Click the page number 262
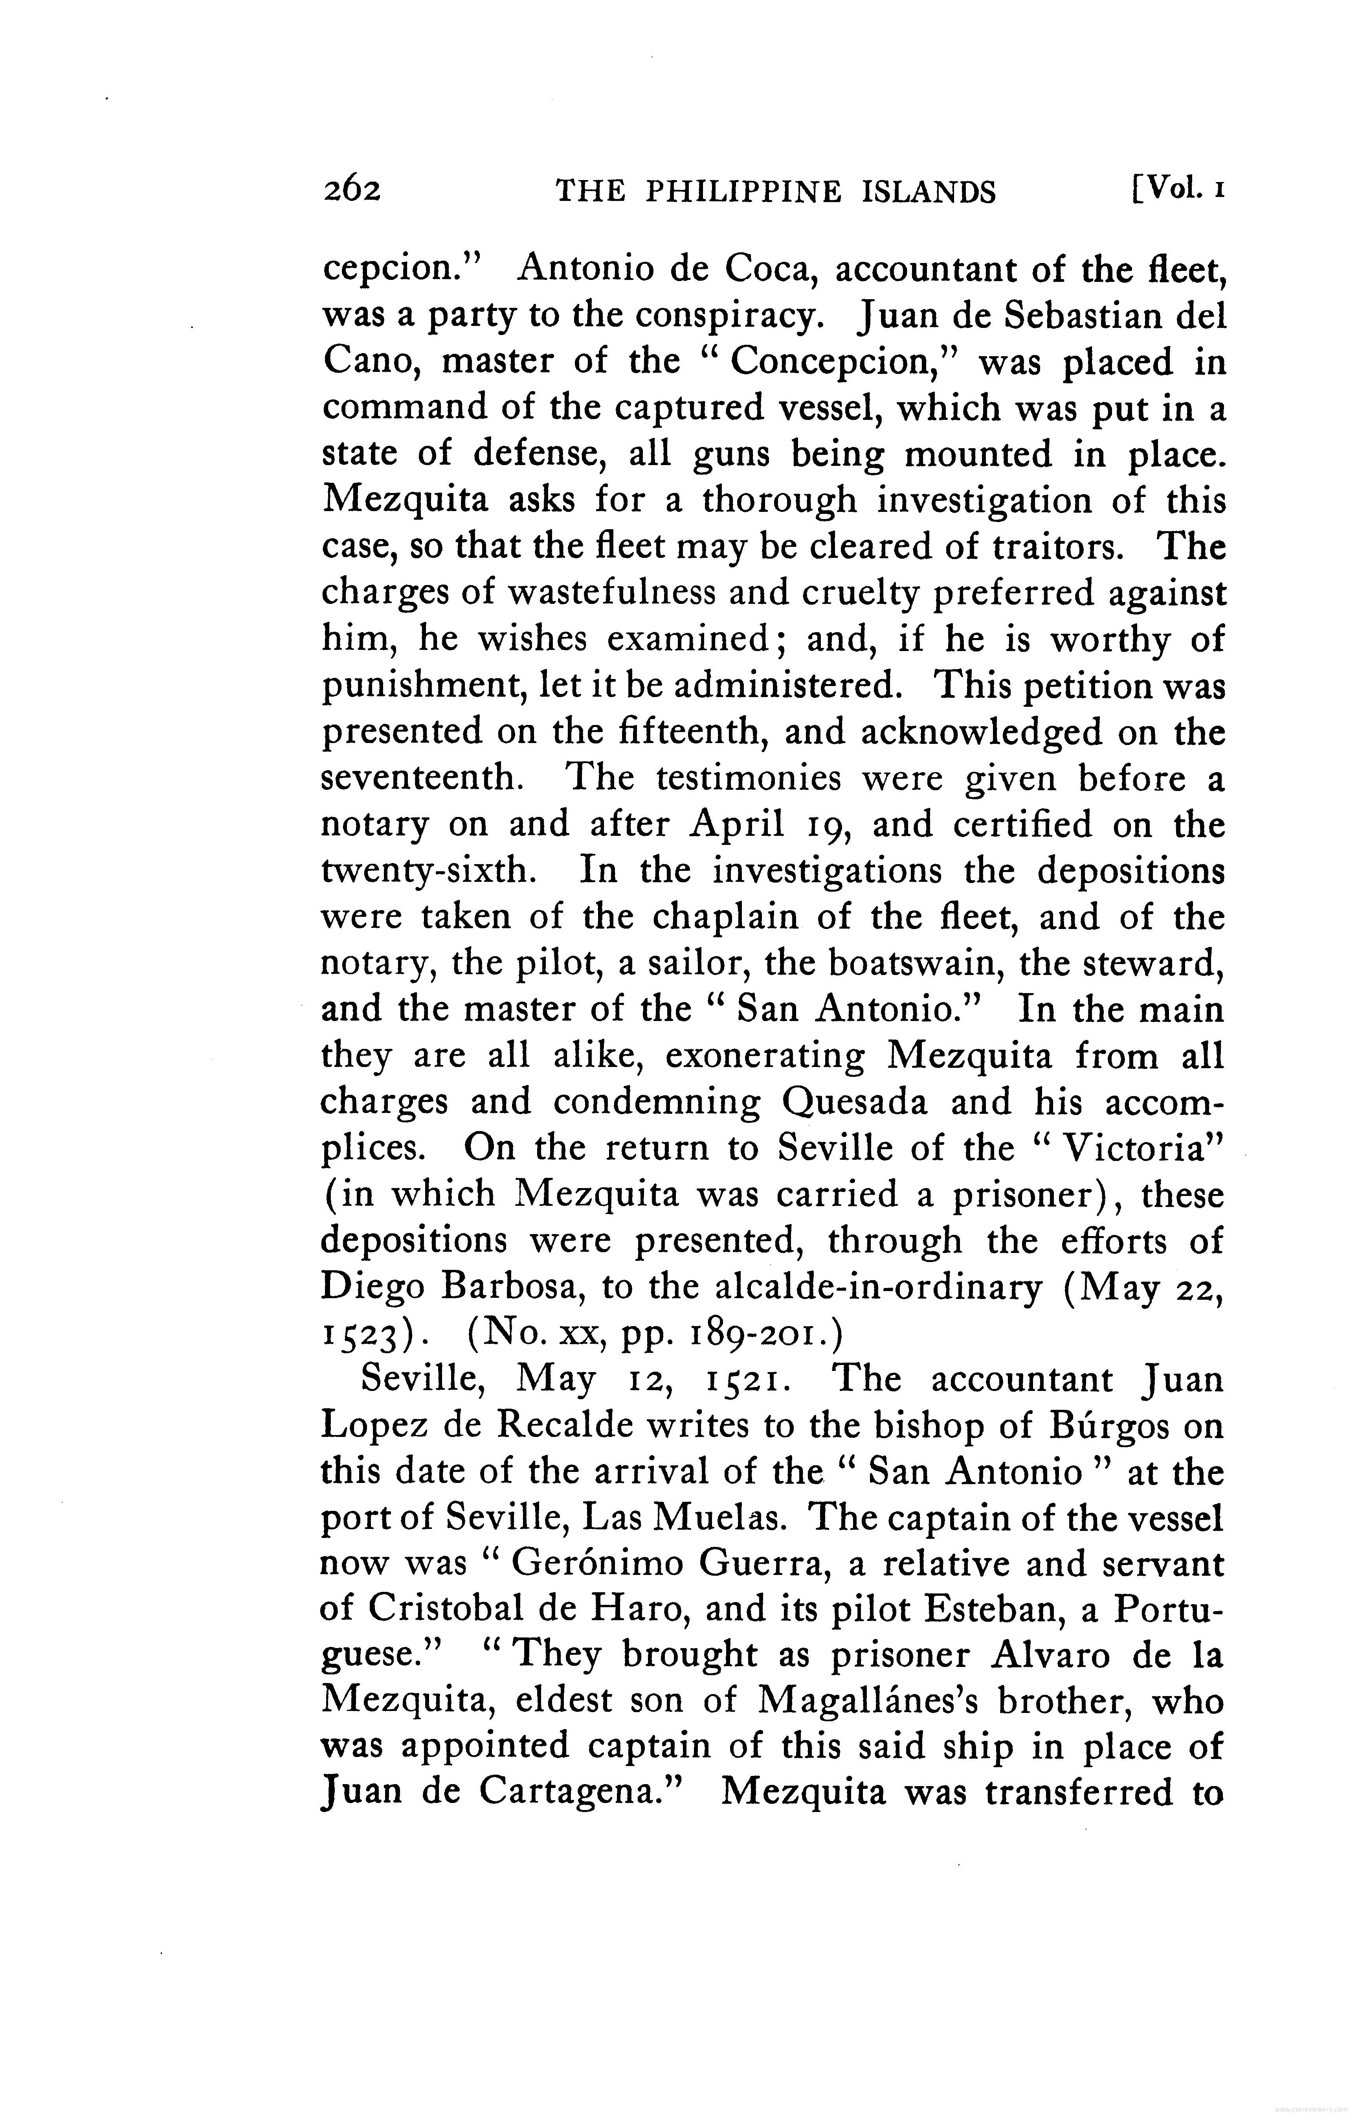click(x=351, y=191)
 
